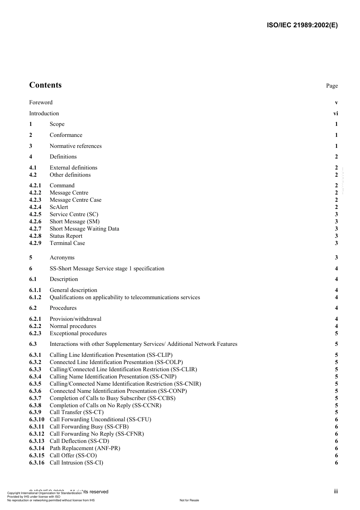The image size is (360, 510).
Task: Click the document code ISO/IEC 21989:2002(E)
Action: tap(302, 25)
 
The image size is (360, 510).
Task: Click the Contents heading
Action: tap(45, 85)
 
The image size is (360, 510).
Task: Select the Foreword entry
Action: tap(41, 102)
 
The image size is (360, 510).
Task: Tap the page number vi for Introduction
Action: tap(335, 113)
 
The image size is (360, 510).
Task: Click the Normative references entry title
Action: tap(75, 146)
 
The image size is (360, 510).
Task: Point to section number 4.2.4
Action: tap(35, 207)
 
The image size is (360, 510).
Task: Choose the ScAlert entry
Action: tap(59, 207)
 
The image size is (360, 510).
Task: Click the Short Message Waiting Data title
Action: tap(84, 229)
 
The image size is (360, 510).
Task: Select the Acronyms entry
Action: tap(62, 257)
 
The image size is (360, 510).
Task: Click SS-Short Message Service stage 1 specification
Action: tap(107, 268)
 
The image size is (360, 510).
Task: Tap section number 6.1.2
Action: tap(35, 297)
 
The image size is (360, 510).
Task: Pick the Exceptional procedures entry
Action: tap(78, 333)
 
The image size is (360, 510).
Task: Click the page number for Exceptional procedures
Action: tap(336, 333)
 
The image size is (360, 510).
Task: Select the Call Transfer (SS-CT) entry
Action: tap(77, 412)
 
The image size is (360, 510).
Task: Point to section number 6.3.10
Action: tap(37, 419)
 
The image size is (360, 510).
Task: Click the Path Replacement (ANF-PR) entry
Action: tap(85, 448)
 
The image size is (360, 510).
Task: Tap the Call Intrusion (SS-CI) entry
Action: tap(76, 463)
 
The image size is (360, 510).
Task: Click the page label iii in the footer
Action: tap(336, 491)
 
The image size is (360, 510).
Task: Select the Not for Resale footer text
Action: tap(189, 500)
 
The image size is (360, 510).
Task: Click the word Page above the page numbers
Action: tap(332, 86)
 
